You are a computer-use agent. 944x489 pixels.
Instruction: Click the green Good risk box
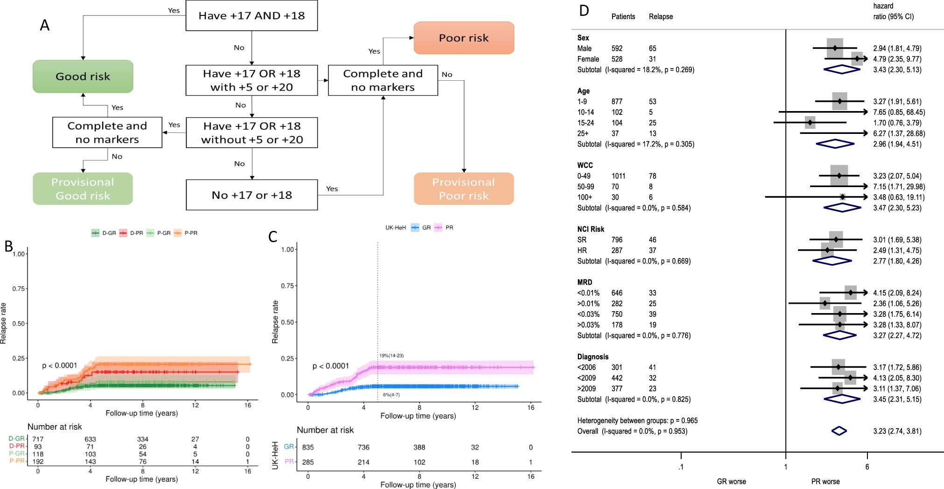83,77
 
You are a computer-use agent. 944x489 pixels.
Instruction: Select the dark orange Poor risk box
464,38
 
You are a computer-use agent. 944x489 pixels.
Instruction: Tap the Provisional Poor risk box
464,189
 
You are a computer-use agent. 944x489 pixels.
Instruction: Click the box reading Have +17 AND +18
251,16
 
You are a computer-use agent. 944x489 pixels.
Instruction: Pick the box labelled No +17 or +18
251,195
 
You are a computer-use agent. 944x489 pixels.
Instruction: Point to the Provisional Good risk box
83,189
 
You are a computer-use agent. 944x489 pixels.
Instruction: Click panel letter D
584,11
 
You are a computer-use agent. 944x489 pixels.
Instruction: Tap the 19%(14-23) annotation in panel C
391,356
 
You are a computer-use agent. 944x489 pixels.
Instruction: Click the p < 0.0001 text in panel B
59,365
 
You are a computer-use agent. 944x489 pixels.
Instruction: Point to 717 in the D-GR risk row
38,439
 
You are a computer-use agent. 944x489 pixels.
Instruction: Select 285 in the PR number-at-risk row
308,462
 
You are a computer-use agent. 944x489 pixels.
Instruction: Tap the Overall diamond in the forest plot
839,431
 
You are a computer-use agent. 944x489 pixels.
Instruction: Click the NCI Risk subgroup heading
591,229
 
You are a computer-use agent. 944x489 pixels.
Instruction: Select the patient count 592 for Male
617,49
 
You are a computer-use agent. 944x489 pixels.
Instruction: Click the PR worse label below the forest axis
825,482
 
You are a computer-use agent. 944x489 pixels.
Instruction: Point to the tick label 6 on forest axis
867,467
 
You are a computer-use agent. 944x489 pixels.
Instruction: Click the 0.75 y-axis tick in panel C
287,286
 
